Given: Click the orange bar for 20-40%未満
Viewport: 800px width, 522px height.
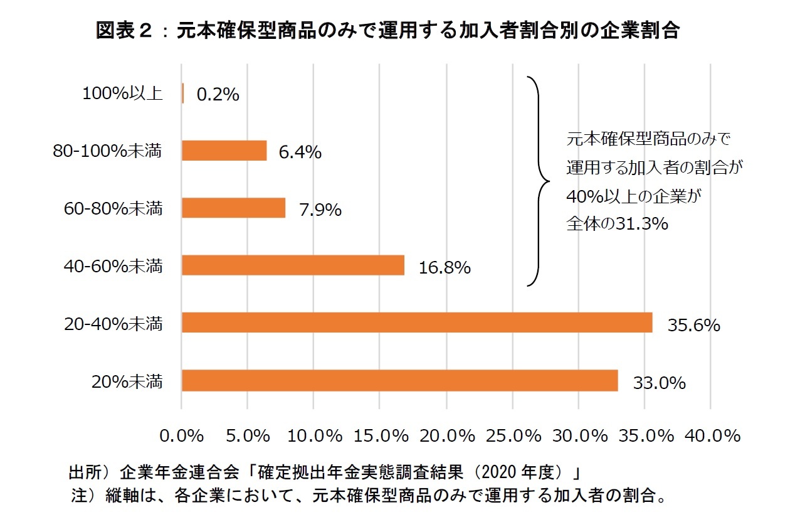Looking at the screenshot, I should (417, 322).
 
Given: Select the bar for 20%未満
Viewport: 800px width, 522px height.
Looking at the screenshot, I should (399, 380).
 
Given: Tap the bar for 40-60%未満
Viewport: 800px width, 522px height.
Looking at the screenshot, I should (293, 265).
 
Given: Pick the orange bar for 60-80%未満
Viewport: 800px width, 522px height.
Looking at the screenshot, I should (233, 208).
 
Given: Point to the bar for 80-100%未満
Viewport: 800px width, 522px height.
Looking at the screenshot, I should (224, 151).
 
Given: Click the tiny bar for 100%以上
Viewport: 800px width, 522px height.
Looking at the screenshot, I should (182, 93).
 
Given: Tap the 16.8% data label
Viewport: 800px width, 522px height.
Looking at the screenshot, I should (445, 268).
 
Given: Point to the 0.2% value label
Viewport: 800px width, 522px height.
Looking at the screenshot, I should (218, 95).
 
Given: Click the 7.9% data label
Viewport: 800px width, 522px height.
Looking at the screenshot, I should (320, 210).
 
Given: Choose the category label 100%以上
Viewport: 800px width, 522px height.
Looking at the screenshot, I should (122, 94).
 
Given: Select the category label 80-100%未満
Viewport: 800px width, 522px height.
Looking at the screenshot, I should (107, 151).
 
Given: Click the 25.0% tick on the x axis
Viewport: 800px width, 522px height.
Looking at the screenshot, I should (513, 435).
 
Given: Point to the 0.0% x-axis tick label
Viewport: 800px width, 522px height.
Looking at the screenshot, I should (182, 435).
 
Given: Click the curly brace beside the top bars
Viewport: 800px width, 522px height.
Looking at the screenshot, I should (539, 181).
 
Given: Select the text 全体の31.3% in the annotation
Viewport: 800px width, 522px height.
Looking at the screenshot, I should (618, 224).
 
